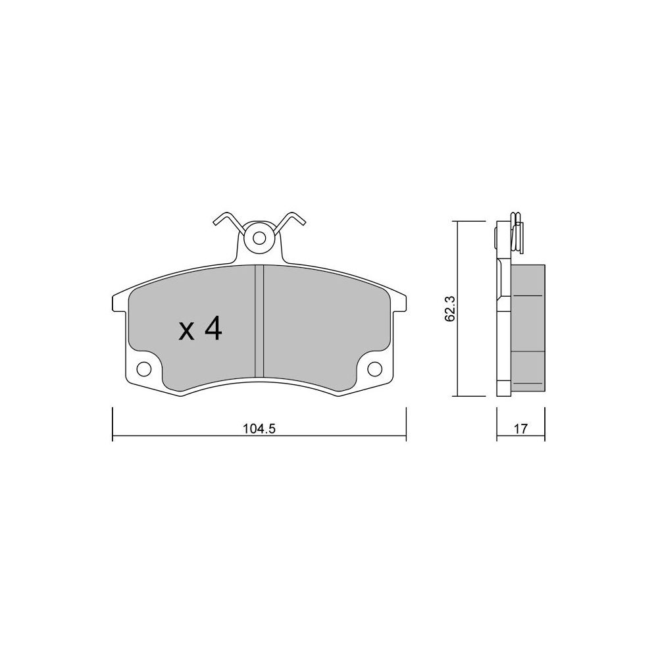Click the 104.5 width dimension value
pyautogui.click(x=259, y=428)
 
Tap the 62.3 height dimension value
pyautogui.click(x=449, y=314)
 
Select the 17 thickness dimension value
pyautogui.click(x=520, y=428)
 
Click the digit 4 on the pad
pyautogui.click(x=213, y=328)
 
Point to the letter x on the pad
pyautogui.click(x=186, y=331)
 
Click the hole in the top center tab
pyautogui.click(x=259, y=238)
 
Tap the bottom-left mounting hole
pyautogui.click(x=144, y=368)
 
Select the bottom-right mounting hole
pyautogui.click(x=374, y=368)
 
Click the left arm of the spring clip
pyautogui.click(x=229, y=222)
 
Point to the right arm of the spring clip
pyautogui.click(x=290, y=222)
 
